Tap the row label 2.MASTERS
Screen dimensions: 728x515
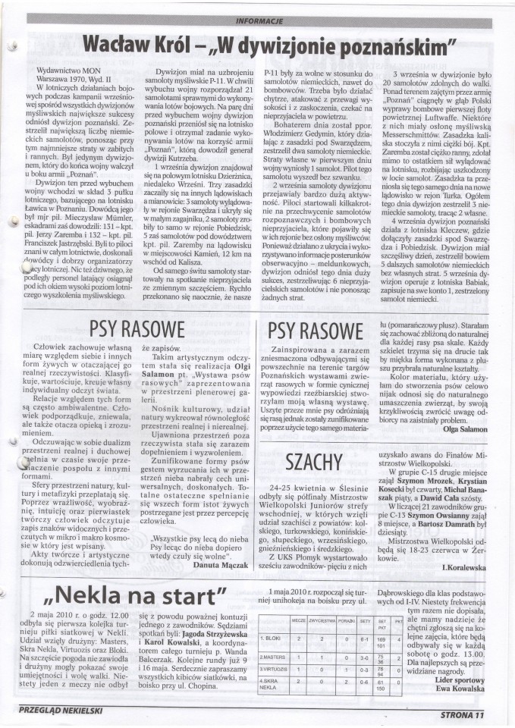click(x=273, y=657)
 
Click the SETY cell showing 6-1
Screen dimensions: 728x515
click(x=364, y=639)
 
